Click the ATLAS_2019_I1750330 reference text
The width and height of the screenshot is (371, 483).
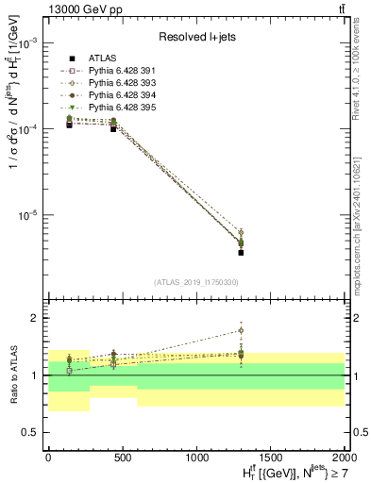point(196,282)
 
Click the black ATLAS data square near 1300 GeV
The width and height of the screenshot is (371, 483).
point(241,252)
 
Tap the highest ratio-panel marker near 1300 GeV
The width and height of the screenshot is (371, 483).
point(241,330)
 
